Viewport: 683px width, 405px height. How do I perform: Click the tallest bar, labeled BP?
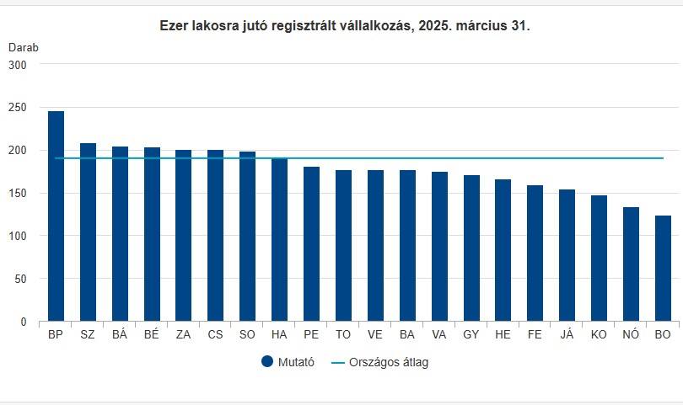click(56, 216)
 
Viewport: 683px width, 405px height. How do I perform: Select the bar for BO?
click(663, 269)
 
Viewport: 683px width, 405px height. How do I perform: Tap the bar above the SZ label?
click(88, 232)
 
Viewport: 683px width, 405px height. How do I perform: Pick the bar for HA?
click(279, 240)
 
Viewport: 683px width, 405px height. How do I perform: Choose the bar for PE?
click(311, 244)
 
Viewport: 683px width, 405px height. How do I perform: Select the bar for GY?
click(471, 248)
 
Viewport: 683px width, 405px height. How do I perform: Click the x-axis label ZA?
click(183, 335)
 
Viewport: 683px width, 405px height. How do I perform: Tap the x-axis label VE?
click(375, 335)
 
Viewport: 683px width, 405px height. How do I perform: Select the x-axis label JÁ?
click(567, 335)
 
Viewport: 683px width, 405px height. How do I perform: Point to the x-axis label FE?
click(535, 335)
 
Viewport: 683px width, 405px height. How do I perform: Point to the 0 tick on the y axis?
click(24, 322)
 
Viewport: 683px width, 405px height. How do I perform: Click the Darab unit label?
click(24, 47)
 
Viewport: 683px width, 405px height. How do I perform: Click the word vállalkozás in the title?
click(374, 26)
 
